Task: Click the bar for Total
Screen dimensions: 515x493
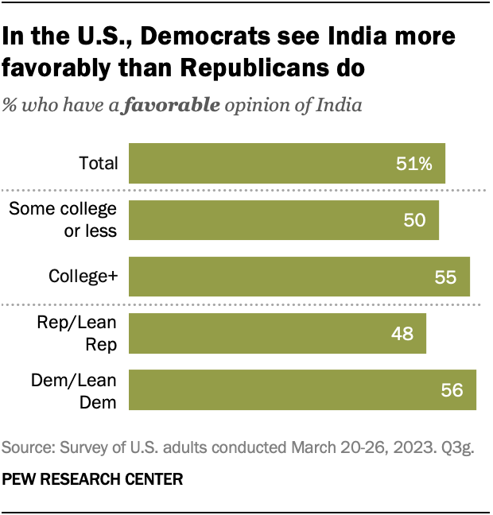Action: [286, 164]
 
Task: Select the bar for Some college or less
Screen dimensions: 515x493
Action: [283, 220]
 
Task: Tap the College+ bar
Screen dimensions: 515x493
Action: [298, 277]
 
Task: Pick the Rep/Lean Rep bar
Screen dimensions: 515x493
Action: [277, 333]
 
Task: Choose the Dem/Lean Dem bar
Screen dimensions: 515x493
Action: [301, 389]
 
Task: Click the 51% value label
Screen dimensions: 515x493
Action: [413, 164]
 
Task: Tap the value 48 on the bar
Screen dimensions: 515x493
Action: [402, 333]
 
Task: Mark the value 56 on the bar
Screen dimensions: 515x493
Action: [451, 389]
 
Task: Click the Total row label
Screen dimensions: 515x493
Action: [99, 164]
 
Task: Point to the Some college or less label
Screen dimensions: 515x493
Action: [63, 220]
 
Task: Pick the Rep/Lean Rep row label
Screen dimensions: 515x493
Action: [77, 333]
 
